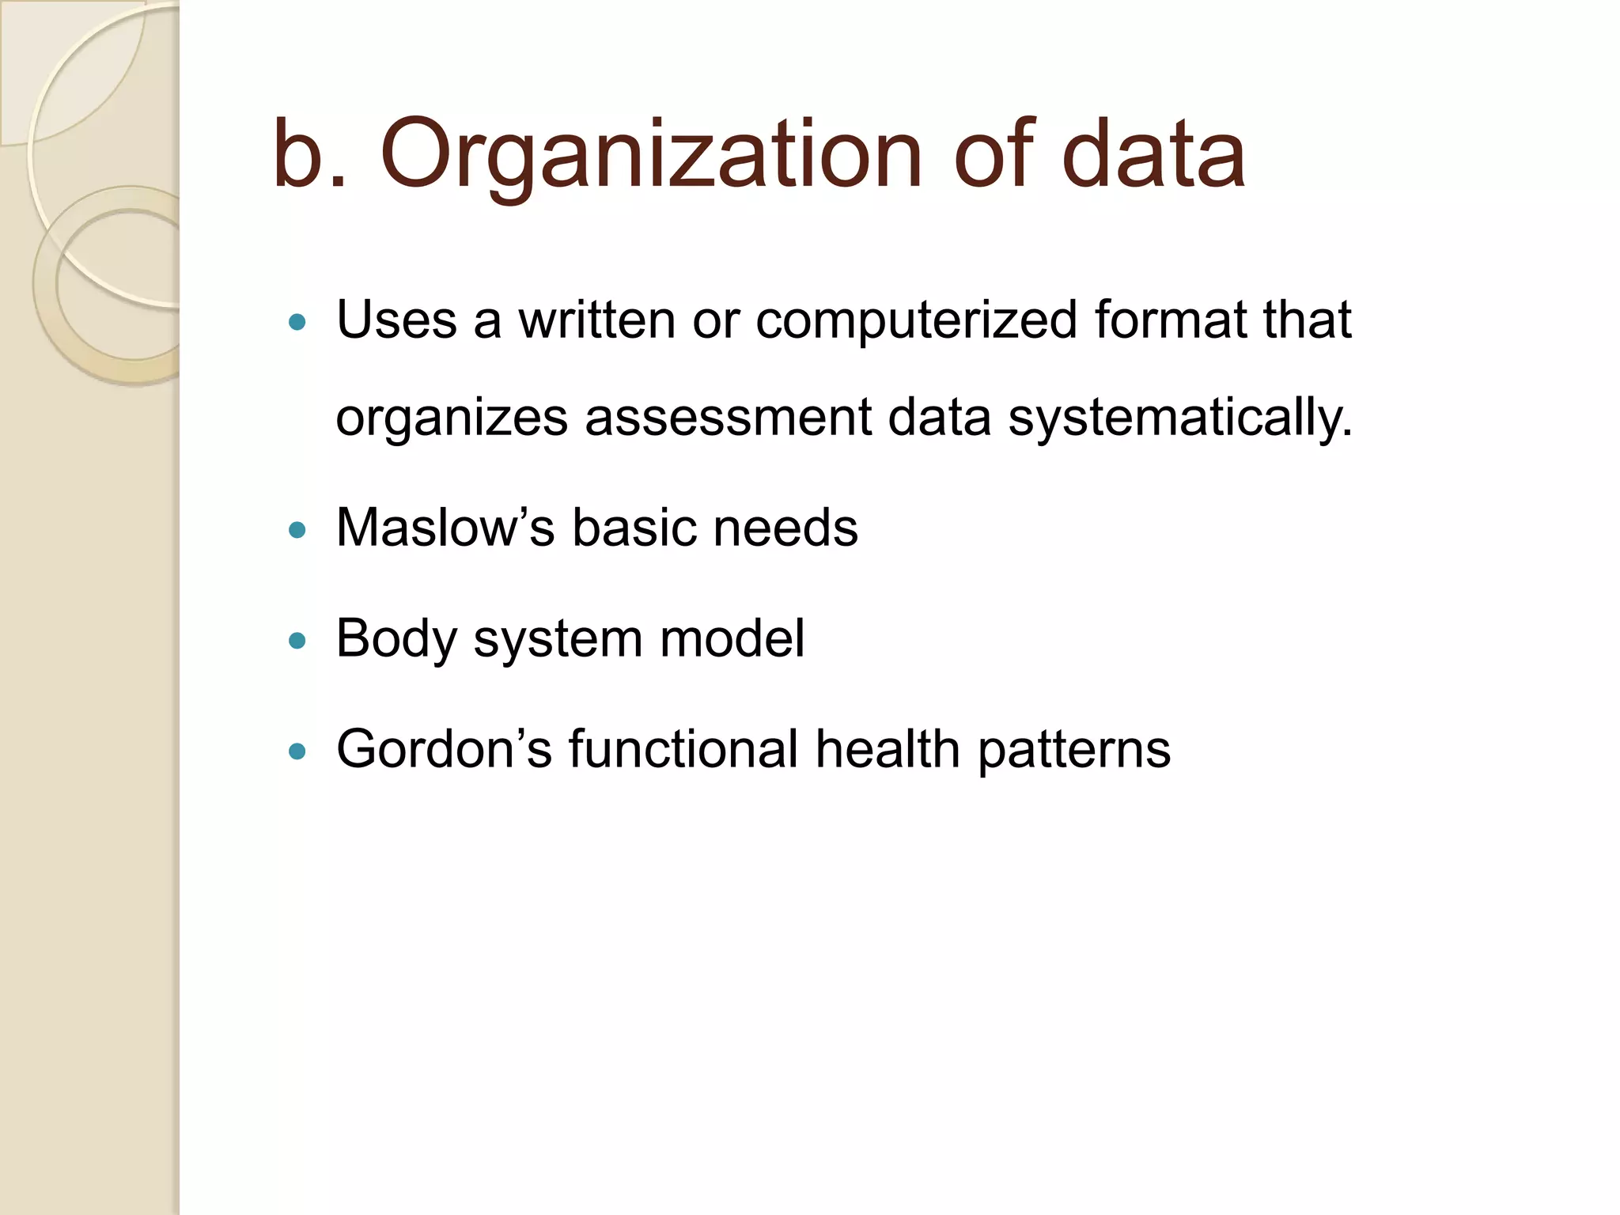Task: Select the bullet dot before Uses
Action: click(x=297, y=322)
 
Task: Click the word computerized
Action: click(x=916, y=322)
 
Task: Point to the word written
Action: click(x=596, y=320)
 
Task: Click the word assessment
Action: click(x=728, y=418)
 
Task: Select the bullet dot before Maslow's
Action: click(x=297, y=530)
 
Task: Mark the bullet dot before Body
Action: click(x=297, y=641)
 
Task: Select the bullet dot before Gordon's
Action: click(x=297, y=751)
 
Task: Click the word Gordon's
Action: click(x=444, y=749)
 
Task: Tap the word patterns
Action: click(x=1073, y=751)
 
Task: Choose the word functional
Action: click(x=683, y=749)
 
